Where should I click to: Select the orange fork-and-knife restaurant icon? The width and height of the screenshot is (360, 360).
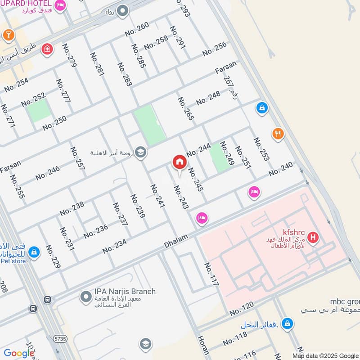(x=278, y=134)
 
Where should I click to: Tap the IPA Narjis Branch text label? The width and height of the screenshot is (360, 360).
(x=125, y=291)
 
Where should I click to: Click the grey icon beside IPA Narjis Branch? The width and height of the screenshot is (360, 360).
(x=85, y=297)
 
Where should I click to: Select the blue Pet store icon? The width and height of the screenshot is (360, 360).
(x=33, y=252)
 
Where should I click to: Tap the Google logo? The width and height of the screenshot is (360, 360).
(x=19, y=353)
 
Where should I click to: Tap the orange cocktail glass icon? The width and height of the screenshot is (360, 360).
(x=8, y=35)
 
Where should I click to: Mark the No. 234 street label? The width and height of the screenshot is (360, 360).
(x=114, y=246)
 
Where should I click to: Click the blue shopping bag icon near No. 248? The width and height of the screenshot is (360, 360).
(x=261, y=108)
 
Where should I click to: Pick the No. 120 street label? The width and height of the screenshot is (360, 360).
(x=241, y=309)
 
